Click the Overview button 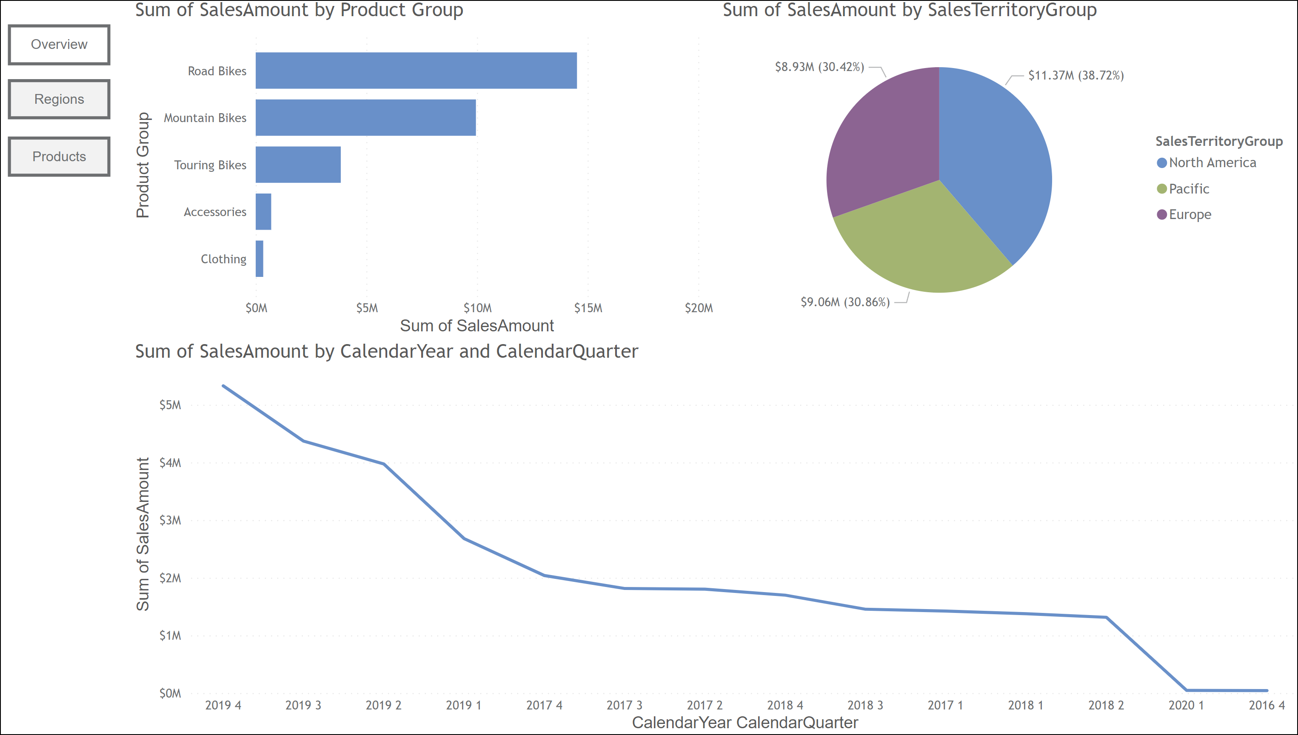(x=59, y=44)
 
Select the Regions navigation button (x=59, y=99)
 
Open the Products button (x=59, y=157)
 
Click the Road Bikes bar (x=416, y=71)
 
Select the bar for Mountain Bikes (x=365, y=118)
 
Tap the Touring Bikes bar (x=298, y=165)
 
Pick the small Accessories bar (x=263, y=211)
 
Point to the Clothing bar (x=260, y=259)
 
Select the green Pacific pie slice (x=924, y=242)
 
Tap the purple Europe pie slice (x=884, y=146)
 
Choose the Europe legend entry (x=1190, y=214)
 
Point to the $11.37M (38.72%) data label (x=1075, y=76)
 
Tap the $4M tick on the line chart (x=170, y=463)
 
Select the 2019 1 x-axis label (x=463, y=705)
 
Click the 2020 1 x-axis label (x=1186, y=705)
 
